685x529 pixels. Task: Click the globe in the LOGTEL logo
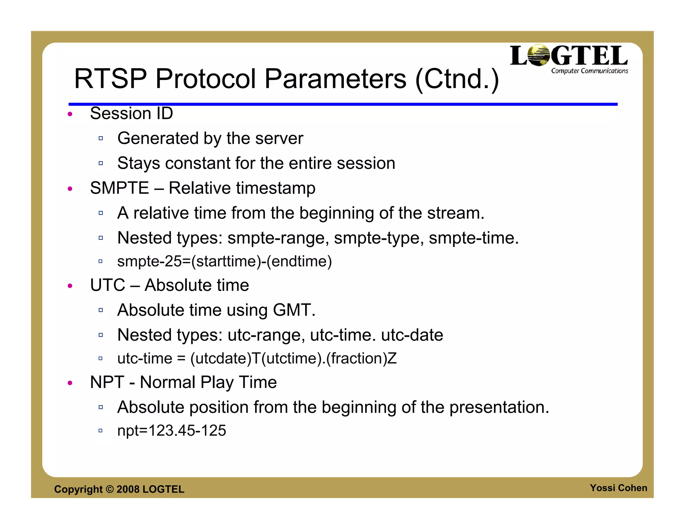[538, 56]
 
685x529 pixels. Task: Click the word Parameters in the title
[335, 79]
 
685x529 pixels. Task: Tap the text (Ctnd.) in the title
[457, 80]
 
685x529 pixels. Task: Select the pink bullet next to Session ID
[70, 114]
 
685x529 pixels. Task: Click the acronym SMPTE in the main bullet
[119, 188]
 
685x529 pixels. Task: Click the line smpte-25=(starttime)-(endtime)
[224, 261]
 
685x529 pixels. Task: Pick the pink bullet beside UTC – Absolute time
[70, 286]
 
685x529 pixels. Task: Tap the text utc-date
[412, 335]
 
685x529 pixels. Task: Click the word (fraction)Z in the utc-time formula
[361, 358]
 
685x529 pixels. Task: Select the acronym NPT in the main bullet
[107, 382]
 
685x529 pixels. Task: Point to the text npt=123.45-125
[172, 431]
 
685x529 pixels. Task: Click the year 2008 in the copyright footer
[128, 489]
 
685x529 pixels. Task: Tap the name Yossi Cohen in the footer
[618, 488]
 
